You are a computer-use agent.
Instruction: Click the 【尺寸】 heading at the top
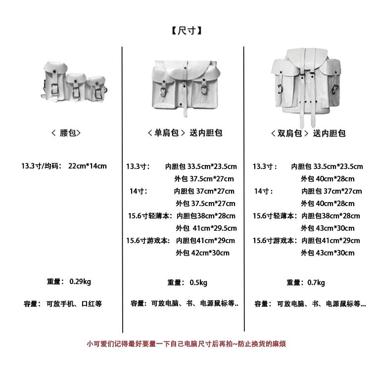[x=185, y=31]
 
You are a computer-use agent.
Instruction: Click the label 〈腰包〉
[x=65, y=133]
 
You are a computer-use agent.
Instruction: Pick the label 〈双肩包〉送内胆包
[x=308, y=133]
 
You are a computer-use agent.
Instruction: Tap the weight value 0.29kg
[x=80, y=282]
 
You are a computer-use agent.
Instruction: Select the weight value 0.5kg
[x=198, y=283]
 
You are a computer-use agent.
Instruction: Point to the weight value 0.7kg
[x=316, y=283]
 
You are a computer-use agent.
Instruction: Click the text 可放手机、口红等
[x=74, y=304]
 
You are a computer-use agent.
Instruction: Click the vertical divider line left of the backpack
[x=244, y=188]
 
